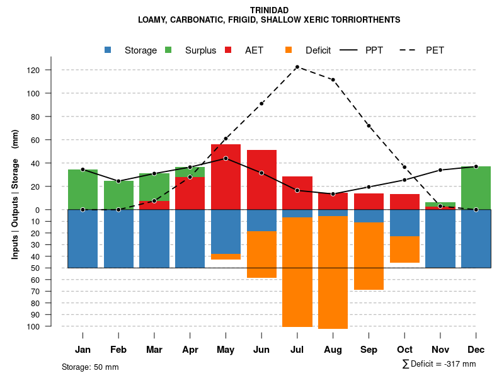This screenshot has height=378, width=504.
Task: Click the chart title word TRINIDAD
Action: [x=269, y=10]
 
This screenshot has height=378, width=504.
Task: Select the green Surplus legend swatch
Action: [x=168, y=50]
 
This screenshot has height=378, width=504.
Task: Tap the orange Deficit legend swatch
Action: [x=289, y=50]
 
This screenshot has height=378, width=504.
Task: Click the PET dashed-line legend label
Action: [x=435, y=50]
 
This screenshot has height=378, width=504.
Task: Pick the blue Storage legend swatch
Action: [x=108, y=50]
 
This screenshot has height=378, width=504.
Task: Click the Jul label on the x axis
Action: [x=297, y=350]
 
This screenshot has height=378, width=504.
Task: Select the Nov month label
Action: [x=440, y=350]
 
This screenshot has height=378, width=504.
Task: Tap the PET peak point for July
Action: [x=297, y=67]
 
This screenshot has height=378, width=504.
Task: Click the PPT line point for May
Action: [x=226, y=158]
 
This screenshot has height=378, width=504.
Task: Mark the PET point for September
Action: [x=369, y=126]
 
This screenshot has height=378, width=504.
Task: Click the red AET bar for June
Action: [x=261, y=180]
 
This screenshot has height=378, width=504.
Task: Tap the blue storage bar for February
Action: [x=118, y=239]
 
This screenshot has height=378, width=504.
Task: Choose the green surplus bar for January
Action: [x=83, y=189]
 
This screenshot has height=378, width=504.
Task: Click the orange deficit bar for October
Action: [x=404, y=249]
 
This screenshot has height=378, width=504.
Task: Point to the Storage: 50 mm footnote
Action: [x=90, y=367]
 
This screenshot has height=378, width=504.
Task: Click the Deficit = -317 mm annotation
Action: [x=439, y=364]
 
